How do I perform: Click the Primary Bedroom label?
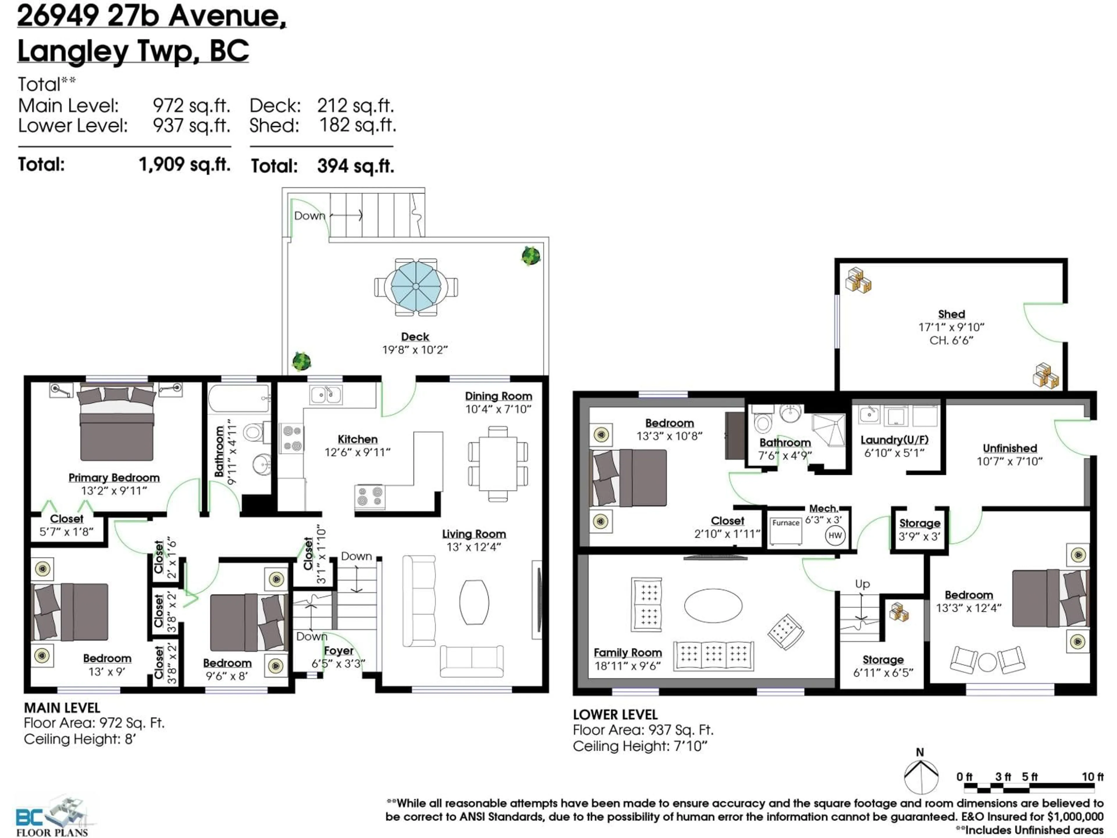pyautogui.click(x=114, y=477)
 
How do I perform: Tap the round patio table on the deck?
pyautogui.click(x=416, y=286)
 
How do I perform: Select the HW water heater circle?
pyautogui.click(x=835, y=535)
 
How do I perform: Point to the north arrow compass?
pyautogui.click(x=921, y=776)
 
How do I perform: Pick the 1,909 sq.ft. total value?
pyautogui.click(x=184, y=164)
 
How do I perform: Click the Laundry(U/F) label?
pyautogui.click(x=894, y=440)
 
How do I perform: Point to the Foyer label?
pyautogui.click(x=338, y=651)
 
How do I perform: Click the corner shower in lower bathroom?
pyautogui.click(x=828, y=430)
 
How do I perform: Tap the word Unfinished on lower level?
pyautogui.click(x=1009, y=448)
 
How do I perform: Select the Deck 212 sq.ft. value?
pyautogui.click(x=355, y=106)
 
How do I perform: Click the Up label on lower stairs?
pyautogui.click(x=862, y=584)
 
